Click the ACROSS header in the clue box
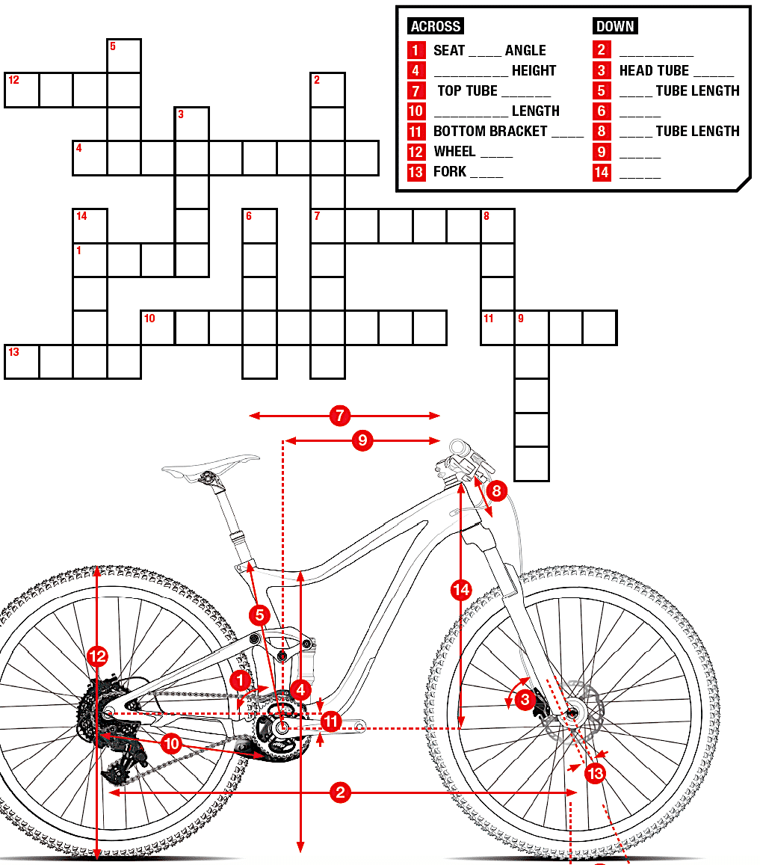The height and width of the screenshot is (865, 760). [x=436, y=26]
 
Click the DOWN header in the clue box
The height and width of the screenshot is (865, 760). [x=615, y=26]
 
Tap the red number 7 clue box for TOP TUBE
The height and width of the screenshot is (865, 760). [x=416, y=91]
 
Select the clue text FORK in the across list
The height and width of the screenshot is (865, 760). [x=450, y=172]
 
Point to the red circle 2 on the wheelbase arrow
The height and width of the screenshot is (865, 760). [x=340, y=792]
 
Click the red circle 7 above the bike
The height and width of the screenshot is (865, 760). [x=340, y=416]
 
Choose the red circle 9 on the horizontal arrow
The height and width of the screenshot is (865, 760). [x=362, y=441]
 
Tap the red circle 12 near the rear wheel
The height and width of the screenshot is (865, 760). [x=97, y=656]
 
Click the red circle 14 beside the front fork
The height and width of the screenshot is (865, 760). [x=462, y=590]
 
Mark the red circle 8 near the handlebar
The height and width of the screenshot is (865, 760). [x=496, y=491]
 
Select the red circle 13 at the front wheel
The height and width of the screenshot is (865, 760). [x=595, y=773]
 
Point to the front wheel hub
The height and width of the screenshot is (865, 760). [x=572, y=712]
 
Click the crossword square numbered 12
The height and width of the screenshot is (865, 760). [x=21, y=90]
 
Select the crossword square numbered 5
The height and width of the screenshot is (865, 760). [x=124, y=56]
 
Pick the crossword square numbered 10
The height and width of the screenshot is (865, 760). [x=158, y=328]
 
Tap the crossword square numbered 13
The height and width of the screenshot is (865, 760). [x=21, y=363]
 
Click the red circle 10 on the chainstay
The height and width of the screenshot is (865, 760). [x=172, y=744]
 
